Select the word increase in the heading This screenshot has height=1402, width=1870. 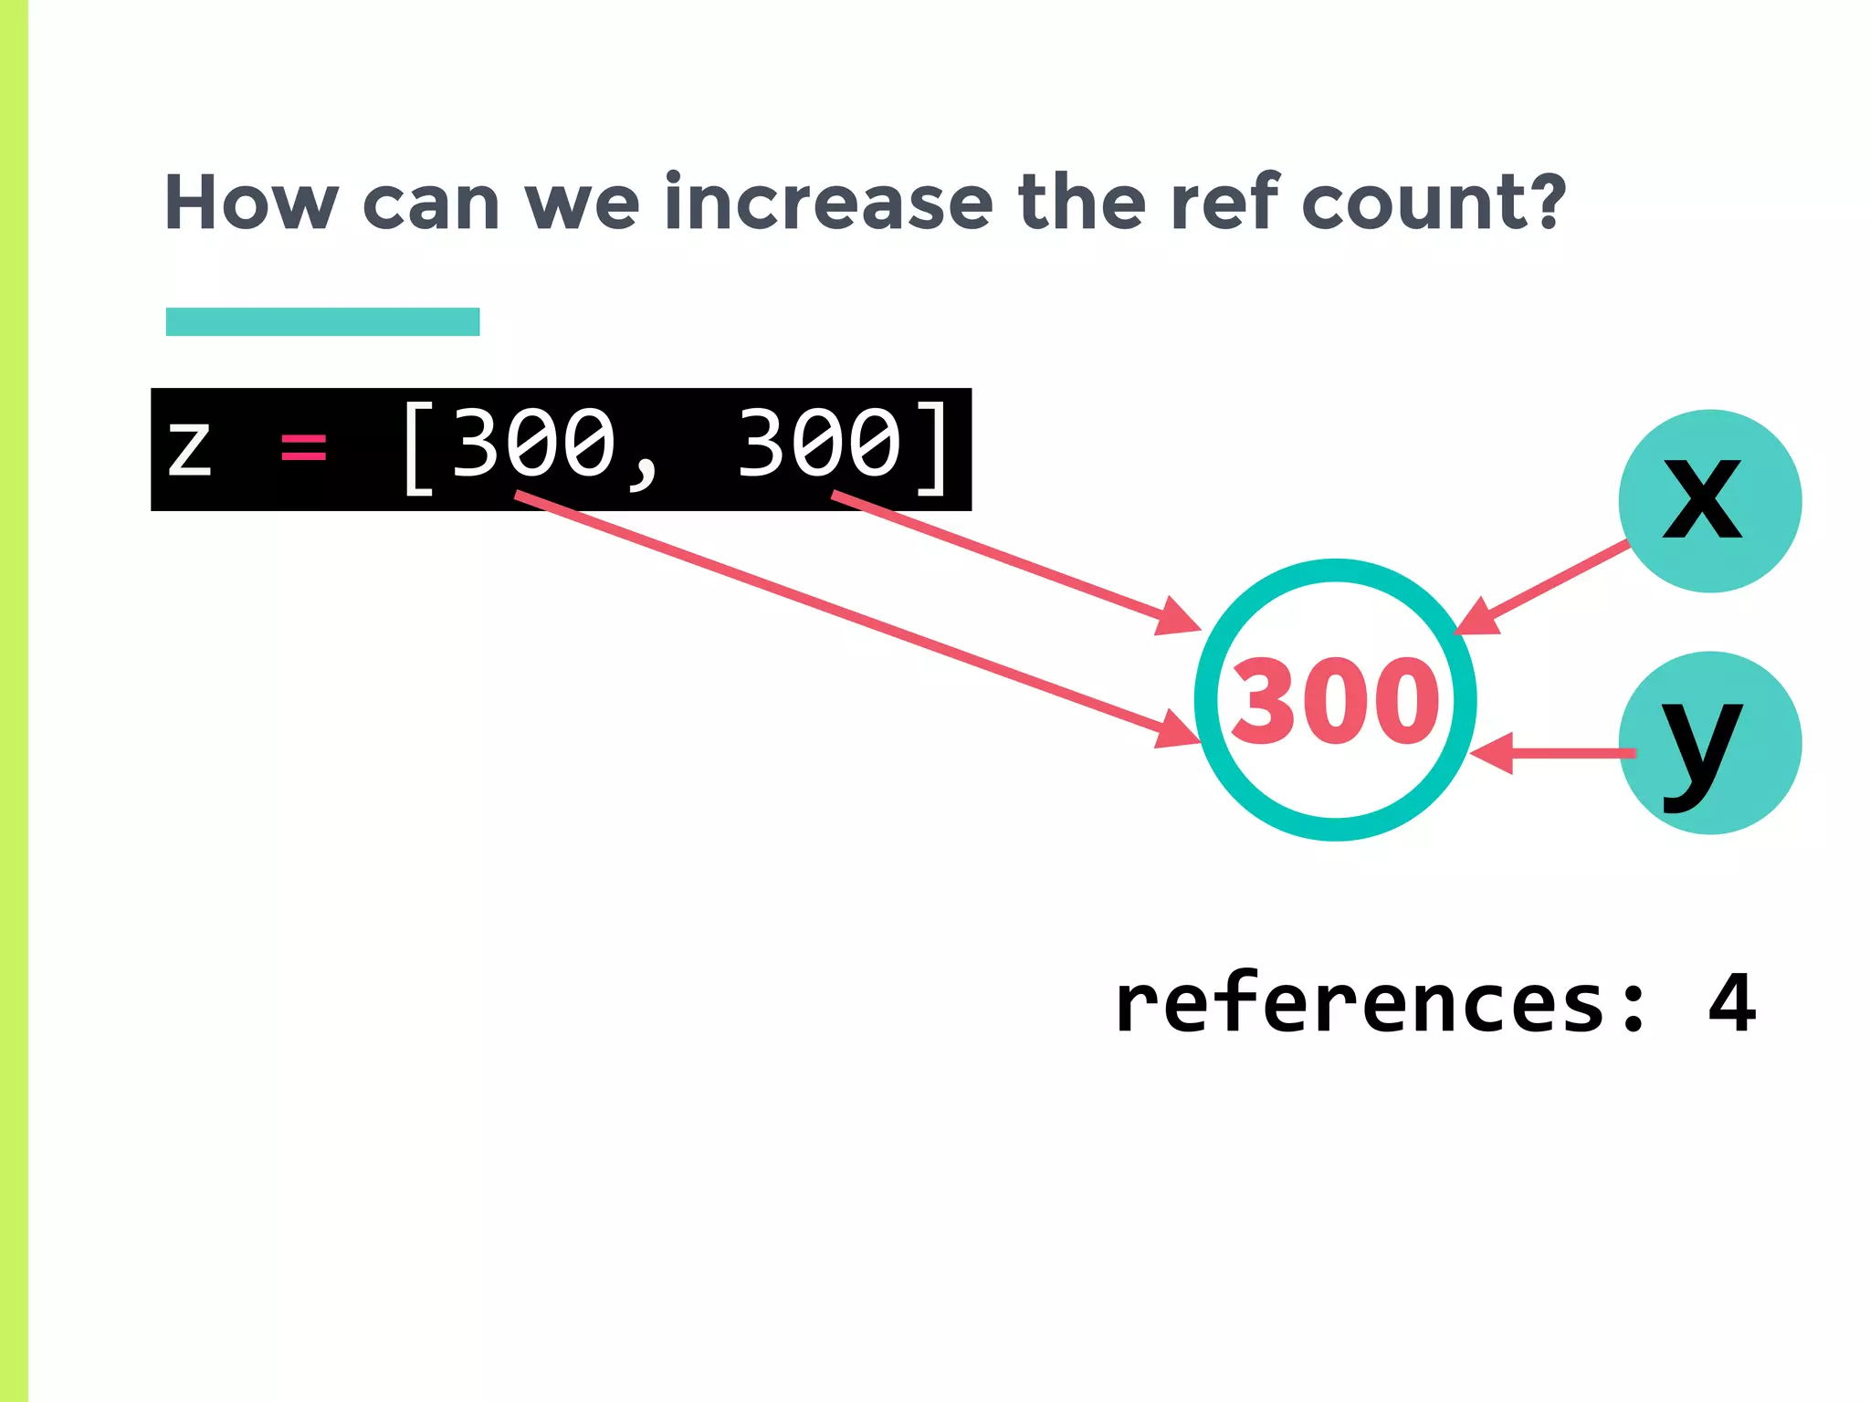[x=828, y=203]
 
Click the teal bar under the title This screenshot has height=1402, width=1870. [x=322, y=321]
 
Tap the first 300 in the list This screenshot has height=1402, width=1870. [x=534, y=445]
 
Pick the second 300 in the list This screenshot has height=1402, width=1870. [x=819, y=445]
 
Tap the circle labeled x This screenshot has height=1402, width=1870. [x=1709, y=501]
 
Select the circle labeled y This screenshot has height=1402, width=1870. [x=1709, y=742]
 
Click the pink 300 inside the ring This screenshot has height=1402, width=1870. [x=1335, y=701]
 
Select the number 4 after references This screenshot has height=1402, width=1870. [x=1731, y=1004]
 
